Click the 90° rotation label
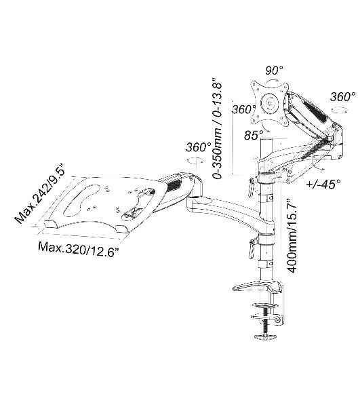274,70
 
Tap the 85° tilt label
254,135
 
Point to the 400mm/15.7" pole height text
292,235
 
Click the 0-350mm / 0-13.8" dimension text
217,128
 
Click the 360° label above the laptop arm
199,147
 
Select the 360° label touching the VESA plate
243,109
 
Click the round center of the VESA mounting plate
271,104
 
